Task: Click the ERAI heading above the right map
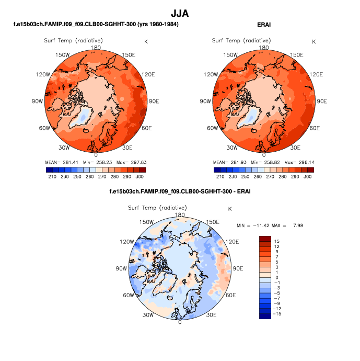click(x=264, y=25)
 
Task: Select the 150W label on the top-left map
click(x=63, y=55)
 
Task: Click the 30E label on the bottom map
click(x=212, y=315)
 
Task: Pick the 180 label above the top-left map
click(x=96, y=48)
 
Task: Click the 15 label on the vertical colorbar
click(x=277, y=241)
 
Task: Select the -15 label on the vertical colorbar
click(x=278, y=315)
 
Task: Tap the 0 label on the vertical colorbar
click(x=276, y=278)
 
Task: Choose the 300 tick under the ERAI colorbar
click(x=307, y=177)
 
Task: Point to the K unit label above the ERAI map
click(x=314, y=41)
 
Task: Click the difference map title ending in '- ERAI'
click(x=180, y=191)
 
